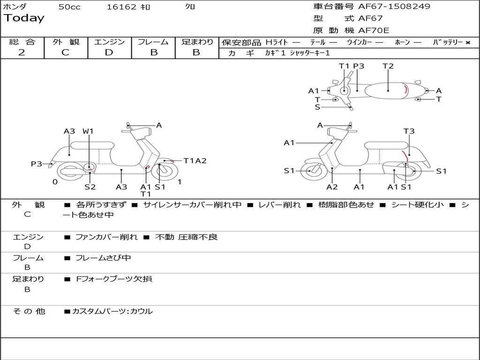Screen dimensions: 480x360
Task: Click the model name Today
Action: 24,18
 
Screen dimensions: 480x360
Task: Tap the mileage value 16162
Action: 121,7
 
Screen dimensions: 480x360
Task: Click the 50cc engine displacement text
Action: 69,7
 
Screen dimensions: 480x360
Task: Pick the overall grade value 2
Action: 22,52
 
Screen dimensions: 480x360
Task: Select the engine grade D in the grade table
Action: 109,52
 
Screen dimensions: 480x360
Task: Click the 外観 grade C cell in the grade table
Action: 66,52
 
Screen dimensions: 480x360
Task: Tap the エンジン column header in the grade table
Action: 109,42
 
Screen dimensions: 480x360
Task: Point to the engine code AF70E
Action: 374,31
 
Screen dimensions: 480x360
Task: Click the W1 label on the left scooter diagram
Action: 88,132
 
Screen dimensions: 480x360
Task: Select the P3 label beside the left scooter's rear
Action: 37,164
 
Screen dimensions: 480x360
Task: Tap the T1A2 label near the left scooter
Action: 195,161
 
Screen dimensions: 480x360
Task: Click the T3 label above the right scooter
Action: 409,132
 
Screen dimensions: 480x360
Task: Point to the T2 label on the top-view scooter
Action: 388,66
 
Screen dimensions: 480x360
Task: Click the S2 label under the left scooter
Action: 90,187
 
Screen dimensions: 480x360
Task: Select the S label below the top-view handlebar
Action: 317,107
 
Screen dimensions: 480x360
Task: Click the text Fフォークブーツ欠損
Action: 114,279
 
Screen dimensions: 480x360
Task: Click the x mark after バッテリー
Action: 467,43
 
